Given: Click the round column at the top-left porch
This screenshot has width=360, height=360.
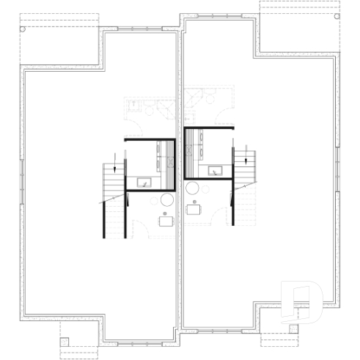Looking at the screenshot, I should (x=23, y=29).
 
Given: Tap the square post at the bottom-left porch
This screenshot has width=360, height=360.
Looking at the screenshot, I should (x=65, y=341).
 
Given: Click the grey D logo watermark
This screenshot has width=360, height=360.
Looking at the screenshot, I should (x=302, y=300).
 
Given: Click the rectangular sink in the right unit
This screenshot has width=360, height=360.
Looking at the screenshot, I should (x=217, y=171).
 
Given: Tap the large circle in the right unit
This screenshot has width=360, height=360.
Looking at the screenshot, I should (x=193, y=188).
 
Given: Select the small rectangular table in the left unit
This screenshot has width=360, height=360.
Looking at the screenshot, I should (x=166, y=221).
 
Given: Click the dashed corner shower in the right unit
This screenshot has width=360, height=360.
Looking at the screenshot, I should (x=193, y=99).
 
